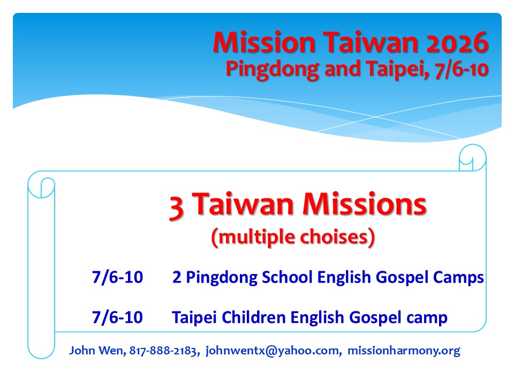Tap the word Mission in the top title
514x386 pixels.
(x=264, y=43)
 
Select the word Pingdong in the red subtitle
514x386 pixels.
(x=273, y=70)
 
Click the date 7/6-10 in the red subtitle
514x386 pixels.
(x=462, y=69)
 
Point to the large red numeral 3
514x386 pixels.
(x=176, y=207)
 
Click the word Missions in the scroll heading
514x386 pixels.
(x=364, y=204)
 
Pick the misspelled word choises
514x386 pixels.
(x=334, y=236)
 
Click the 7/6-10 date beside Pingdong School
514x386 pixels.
(x=117, y=277)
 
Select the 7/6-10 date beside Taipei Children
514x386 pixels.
(x=117, y=317)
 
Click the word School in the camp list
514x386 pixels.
(x=287, y=277)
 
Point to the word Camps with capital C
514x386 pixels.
(x=458, y=278)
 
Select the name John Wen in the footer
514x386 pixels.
(x=96, y=351)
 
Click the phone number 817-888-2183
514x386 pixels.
(x=163, y=351)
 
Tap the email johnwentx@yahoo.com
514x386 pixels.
(x=272, y=351)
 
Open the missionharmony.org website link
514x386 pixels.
(x=404, y=351)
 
